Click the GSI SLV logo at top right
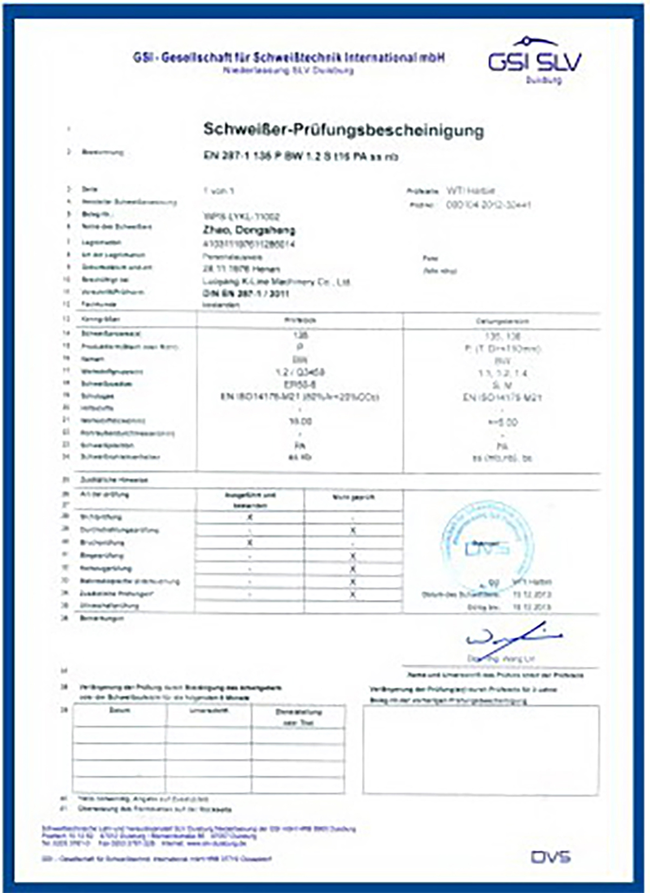tap(535, 60)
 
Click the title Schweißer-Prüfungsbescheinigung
tap(343, 130)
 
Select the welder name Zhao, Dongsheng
tap(249, 230)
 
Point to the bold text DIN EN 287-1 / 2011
tap(246, 294)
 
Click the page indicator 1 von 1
tap(219, 191)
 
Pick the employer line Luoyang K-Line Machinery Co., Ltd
tap(277, 282)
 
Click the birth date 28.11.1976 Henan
tap(242, 269)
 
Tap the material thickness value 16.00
tap(301, 421)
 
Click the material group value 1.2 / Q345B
tap(301, 372)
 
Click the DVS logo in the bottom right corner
tap(550, 857)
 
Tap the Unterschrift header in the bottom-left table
tap(209, 710)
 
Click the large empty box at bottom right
tap(481, 750)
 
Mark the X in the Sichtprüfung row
tap(250, 517)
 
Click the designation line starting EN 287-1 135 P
tap(301, 157)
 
